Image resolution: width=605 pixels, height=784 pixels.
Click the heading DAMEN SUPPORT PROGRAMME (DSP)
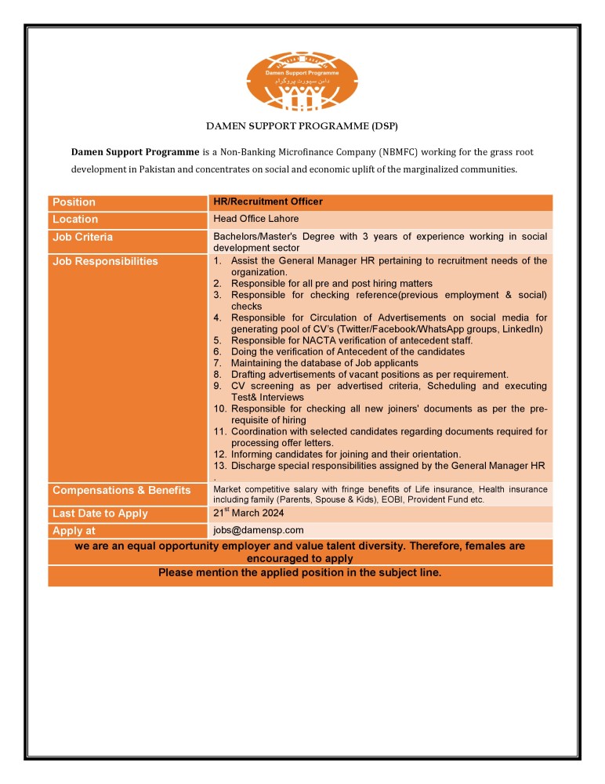click(x=302, y=126)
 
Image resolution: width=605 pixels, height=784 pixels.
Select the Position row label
click(x=74, y=202)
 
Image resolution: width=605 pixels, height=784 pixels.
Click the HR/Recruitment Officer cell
click(x=267, y=202)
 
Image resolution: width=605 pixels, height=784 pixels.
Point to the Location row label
click(x=75, y=220)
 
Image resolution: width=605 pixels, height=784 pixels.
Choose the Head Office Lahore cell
click(x=255, y=219)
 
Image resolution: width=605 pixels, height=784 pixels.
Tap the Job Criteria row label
click(x=82, y=237)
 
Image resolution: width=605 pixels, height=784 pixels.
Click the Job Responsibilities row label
click(x=105, y=261)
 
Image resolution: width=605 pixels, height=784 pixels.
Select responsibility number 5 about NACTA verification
click(x=351, y=340)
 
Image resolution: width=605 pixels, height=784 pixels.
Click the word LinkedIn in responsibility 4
click(x=524, y=328)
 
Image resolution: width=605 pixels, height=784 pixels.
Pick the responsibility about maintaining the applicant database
click(x=324, y=363)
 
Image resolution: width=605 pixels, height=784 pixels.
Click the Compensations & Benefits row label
click(x=121, y=490)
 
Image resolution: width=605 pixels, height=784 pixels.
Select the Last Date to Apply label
click(x=100, y=514)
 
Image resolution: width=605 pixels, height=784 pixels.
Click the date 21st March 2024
click(x=248, y=514)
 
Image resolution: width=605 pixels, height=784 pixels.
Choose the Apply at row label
click(x=74, y=531)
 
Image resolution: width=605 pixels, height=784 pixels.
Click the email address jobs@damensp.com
click(x=258, y=531)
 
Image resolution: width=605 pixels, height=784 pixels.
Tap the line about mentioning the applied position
click(x=300, y=573)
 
